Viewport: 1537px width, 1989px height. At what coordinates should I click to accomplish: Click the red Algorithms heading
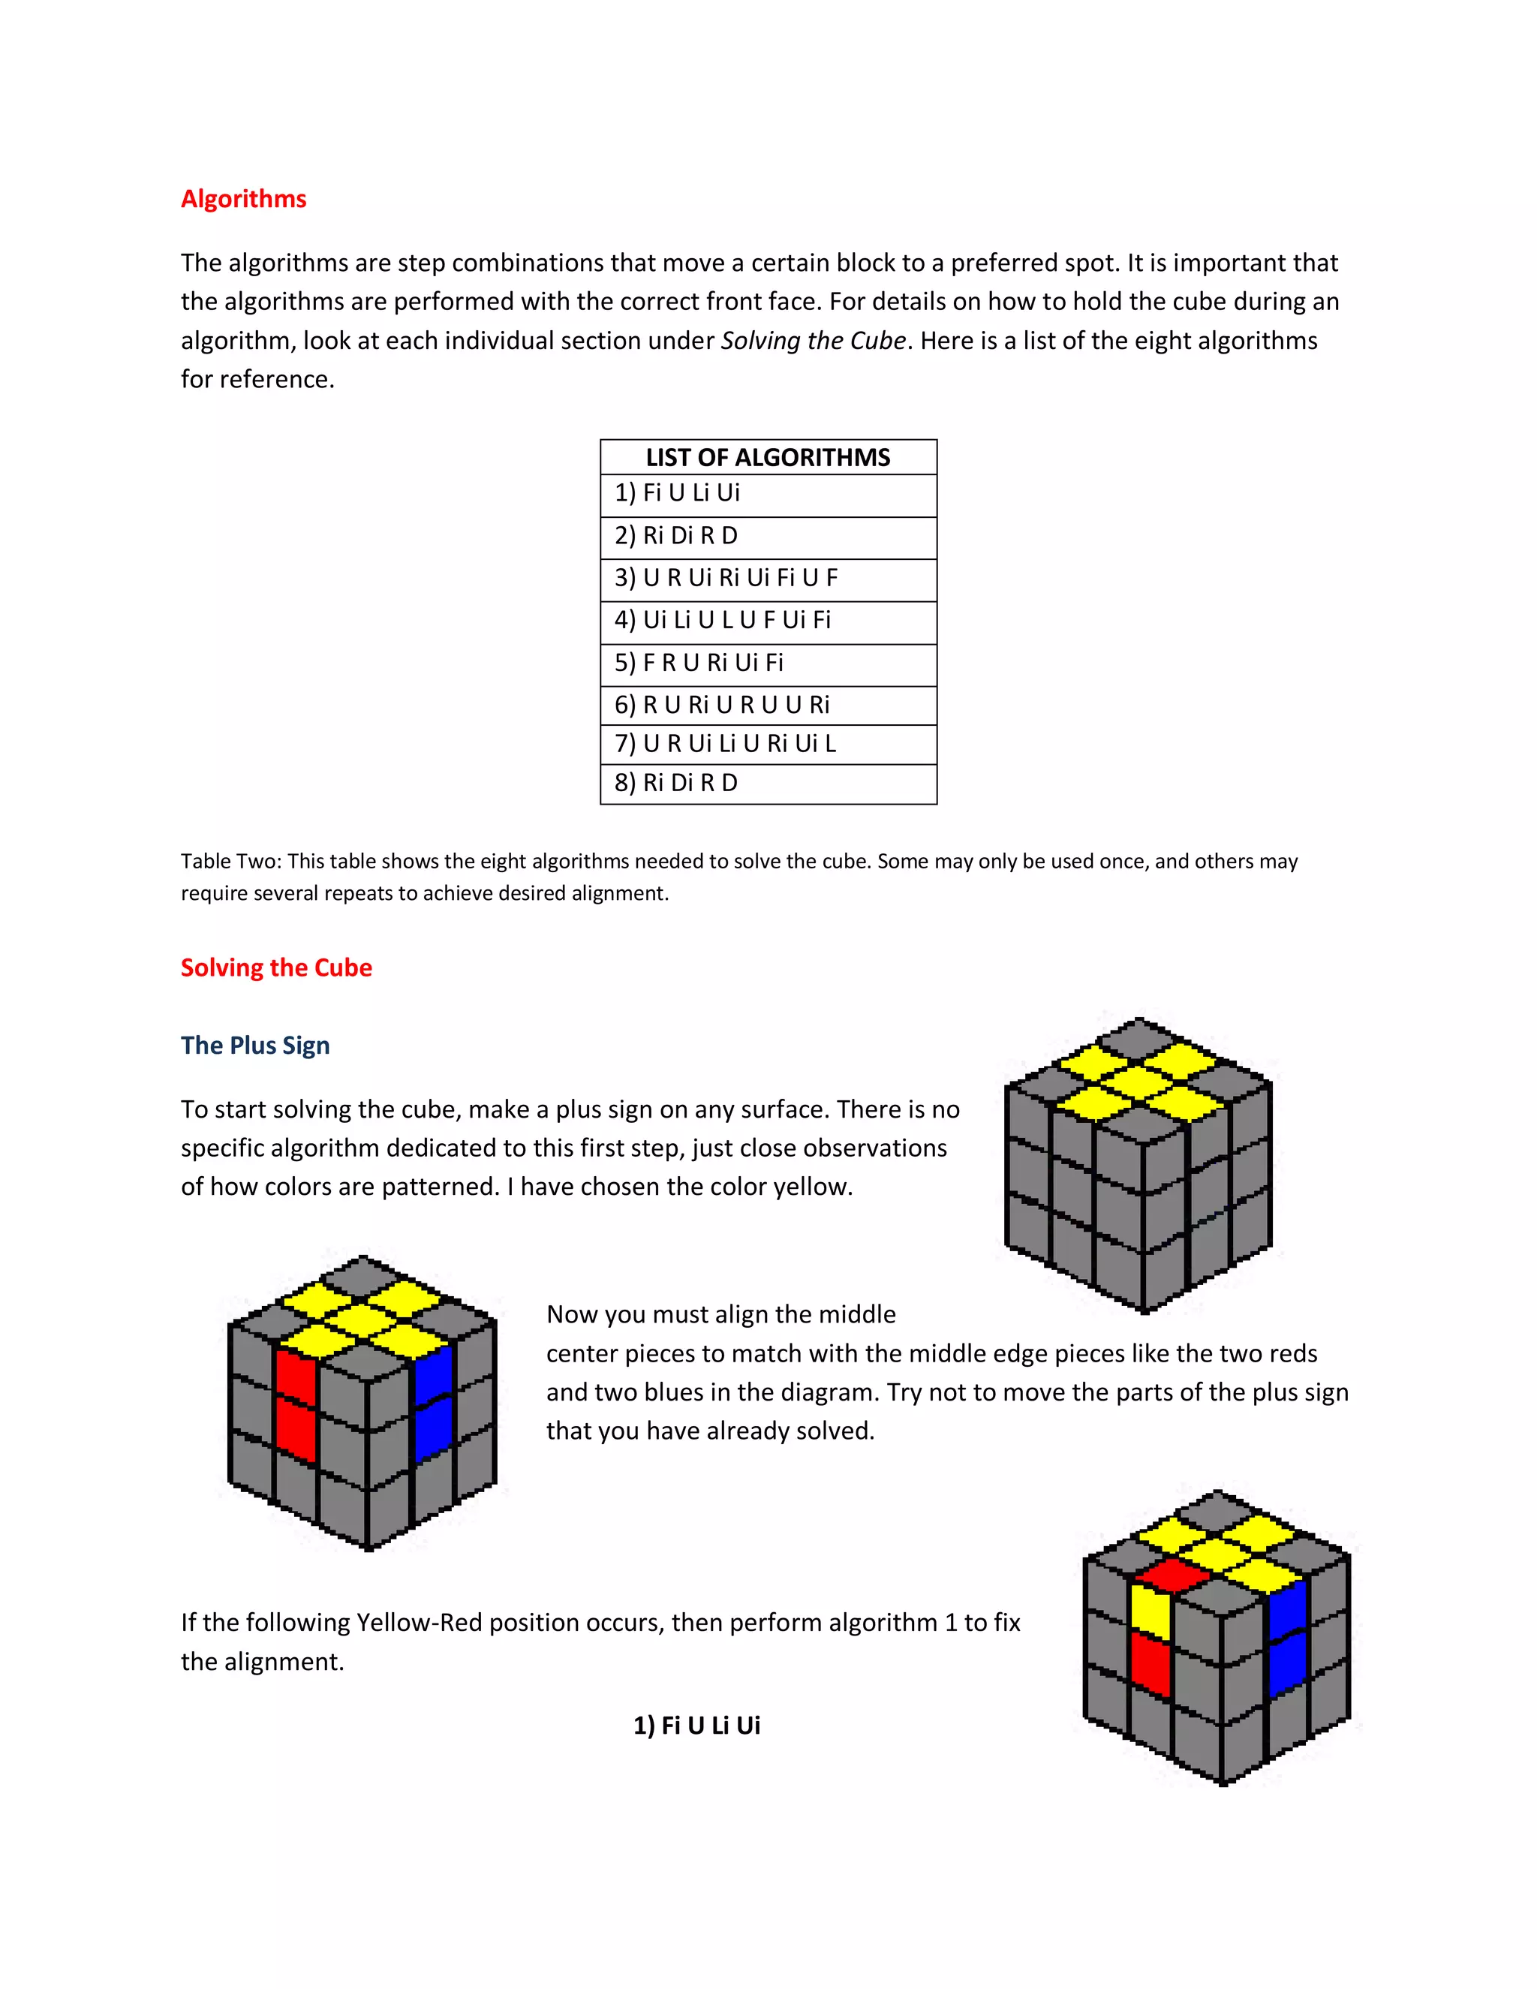click(243, 199)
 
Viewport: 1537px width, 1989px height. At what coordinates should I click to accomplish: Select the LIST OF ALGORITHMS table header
click(768, 457)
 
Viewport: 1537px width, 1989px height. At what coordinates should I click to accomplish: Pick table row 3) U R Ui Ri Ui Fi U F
click(726, 577)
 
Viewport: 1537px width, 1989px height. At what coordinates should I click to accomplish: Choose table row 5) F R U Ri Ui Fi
click(699, 662)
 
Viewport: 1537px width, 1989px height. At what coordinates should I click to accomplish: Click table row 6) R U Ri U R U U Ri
click(722, 704)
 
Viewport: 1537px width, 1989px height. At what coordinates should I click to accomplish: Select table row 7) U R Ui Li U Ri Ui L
click(725, 743)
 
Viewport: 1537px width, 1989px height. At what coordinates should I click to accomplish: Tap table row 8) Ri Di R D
click(675, 782)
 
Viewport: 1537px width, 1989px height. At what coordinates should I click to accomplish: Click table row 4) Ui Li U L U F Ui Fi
click(722, 619)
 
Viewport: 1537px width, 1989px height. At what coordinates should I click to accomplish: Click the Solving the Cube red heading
click(276, 967)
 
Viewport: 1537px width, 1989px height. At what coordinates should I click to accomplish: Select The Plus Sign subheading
click(255, 1045)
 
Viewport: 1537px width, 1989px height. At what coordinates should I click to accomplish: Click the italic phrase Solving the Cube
click(813, 341)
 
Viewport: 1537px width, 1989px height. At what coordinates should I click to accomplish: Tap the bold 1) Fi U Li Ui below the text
click(696, 1725)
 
